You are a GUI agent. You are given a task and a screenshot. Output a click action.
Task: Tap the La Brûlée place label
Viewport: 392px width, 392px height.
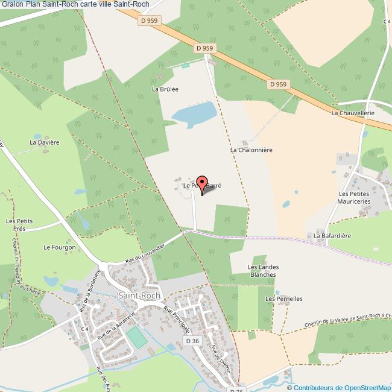click(x=165, y=89)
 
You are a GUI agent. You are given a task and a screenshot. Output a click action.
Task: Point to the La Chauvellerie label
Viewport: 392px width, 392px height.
click(x=353, y=113)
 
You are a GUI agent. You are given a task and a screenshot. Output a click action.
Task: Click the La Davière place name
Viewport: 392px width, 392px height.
click(x=45, y=143)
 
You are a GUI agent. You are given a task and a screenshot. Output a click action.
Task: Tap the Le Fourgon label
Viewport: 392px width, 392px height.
click(x=60, y=247)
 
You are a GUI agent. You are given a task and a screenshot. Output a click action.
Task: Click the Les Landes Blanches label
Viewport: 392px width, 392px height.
click(x=262, y=270)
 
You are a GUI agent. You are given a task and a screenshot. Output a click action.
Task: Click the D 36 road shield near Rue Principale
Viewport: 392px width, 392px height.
click(x=192, y=341)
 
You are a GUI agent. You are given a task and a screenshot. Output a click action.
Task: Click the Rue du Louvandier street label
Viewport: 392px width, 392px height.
click(x=145, y=252)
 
